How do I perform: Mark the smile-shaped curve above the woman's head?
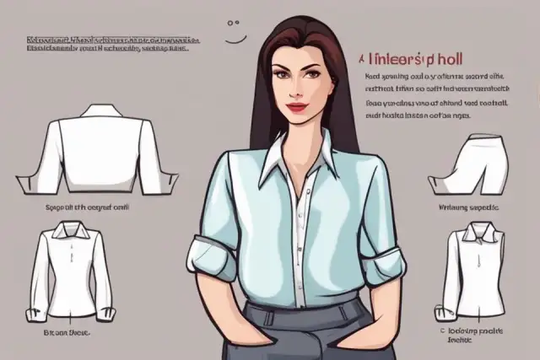(235, 38)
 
